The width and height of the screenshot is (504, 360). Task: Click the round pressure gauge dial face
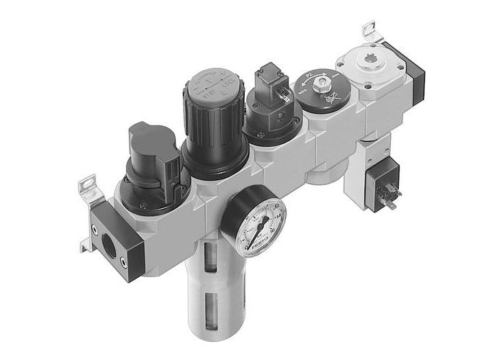pos(253,222)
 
